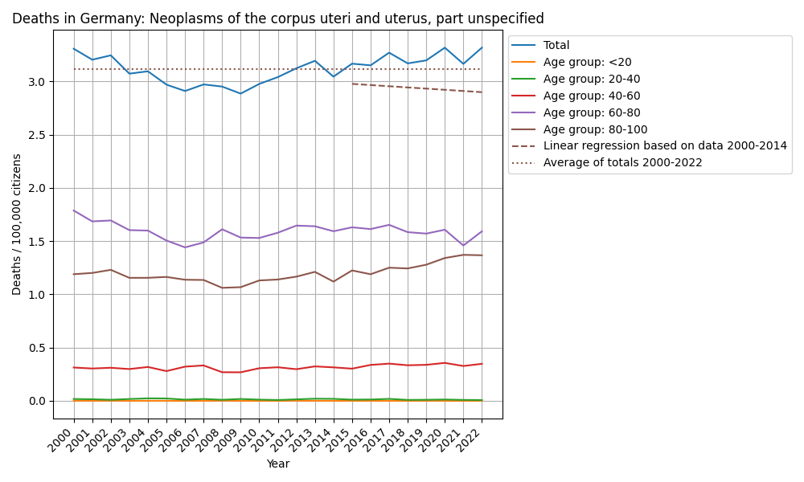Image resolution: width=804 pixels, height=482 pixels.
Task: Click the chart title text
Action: coord(277,18)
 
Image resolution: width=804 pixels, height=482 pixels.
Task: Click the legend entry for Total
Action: coord(556,46)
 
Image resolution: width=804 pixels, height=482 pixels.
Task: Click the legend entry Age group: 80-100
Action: coord(595,129)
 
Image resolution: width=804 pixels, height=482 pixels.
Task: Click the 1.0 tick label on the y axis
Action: coord(39,295)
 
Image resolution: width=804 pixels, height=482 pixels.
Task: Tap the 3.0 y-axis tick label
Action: coord(39,82)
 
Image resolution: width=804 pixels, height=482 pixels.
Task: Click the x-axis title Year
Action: coord(278,464)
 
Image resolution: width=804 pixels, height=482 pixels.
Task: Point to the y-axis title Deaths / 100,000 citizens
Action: coord(17,224)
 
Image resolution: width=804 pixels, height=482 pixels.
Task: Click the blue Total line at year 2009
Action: coord(240,93)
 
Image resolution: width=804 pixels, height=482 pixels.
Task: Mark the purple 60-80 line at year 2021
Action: coord(463,245)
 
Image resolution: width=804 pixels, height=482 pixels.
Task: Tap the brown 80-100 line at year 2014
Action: coord(334,281)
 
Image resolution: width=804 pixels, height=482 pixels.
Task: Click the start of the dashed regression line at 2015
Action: coord(352,84)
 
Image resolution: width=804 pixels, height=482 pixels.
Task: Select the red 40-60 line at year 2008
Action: coord(222,372)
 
